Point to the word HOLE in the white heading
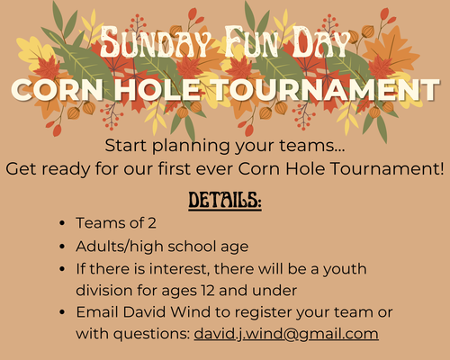click(178, 91)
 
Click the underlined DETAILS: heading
click(224, 200)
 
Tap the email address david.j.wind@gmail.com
click(286, 334)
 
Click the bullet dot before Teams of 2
click(60, 224)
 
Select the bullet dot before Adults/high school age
click(60, 247)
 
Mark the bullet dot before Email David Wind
click(60, 312)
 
